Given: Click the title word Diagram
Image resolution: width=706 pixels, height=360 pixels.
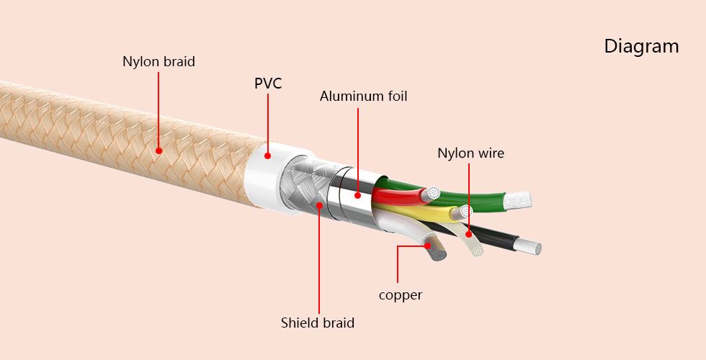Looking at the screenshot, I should tap(641, 47).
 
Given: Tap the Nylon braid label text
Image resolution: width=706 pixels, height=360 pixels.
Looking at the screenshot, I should tap(158, 62).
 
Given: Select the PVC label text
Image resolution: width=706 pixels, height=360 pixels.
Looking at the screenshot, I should tap(268, 84).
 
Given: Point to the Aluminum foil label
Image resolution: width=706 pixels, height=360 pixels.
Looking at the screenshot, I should tap(363, 96).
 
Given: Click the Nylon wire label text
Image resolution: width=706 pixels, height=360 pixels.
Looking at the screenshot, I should tap(470, 153).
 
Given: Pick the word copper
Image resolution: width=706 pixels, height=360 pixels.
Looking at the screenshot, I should tap(401, 295).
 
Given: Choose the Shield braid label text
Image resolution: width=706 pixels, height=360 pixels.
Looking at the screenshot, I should tap(318, 323).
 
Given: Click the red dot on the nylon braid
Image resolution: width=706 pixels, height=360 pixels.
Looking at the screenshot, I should tap(158, 150).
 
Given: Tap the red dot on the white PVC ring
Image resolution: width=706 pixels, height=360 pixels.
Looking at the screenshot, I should tap(267, 155).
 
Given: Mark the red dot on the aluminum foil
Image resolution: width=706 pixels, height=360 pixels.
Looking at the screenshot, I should tap(358, 194).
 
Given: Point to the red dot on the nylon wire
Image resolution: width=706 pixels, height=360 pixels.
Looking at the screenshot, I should tap(468, 233).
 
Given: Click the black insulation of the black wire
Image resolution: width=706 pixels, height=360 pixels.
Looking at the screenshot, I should tap(497, 239).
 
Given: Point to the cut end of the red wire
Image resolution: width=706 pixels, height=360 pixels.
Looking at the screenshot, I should tap(433, 193).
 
